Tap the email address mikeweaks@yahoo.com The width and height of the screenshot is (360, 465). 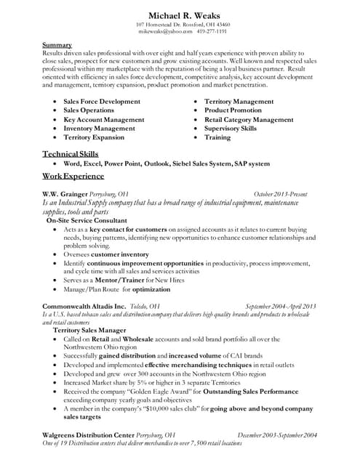coord(163,33)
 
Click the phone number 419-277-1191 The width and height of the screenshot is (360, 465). coord(212,33)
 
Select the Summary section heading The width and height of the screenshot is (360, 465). coord(57,45)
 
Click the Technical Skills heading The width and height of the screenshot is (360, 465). coord(71,154)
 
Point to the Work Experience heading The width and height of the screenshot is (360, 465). coord(73,177)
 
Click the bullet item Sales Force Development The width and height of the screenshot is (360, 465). coord(102,102)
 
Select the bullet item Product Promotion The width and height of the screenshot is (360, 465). coord(233,110)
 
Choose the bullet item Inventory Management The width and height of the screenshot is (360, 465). coord(99,128)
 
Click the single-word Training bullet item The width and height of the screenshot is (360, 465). coord(217,137)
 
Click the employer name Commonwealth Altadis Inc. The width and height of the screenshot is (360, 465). coord(84,307)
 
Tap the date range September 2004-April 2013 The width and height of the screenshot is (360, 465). coord(280,307)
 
